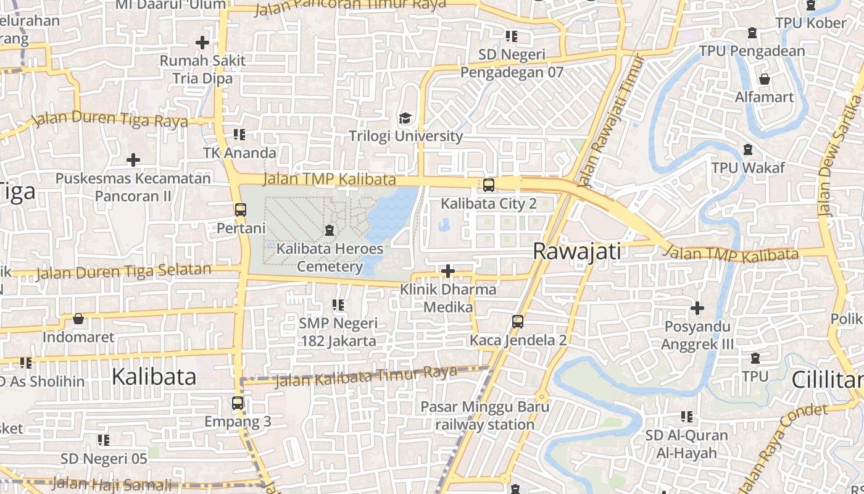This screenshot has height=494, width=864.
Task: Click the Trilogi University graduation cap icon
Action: point(405,118)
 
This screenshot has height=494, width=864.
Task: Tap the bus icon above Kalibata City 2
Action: point(488,185)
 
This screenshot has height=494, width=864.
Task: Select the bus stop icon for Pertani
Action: point(241,210)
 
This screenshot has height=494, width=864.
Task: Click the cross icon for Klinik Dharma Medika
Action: point(448,271)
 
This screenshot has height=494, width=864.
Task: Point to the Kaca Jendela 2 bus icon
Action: point(517,321)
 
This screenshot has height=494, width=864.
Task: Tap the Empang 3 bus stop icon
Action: point(238,403)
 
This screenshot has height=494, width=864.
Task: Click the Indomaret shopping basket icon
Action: point(78,319)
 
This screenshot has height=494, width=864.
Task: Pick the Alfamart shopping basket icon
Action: point(765,79)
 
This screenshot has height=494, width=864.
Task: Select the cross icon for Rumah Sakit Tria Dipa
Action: point(202,43)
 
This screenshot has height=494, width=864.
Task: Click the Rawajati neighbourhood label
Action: point(576,251)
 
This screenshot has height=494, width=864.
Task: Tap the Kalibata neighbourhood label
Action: point(154,377)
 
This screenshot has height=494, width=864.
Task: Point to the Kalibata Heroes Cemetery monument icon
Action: point(330,231)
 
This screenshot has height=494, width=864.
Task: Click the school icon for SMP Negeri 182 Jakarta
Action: point(338,304)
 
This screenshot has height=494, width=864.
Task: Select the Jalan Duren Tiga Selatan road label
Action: point(123,270)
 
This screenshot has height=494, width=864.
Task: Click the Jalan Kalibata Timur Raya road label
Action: point(365,375)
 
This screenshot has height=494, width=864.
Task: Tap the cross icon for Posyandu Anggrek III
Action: point(697,308)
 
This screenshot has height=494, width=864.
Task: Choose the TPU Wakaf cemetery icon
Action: point(748,149)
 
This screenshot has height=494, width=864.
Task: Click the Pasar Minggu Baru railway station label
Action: point(485,416)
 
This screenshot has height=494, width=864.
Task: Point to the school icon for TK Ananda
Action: point(239,134)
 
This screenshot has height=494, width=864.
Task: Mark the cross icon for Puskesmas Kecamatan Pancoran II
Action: point(133,160)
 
